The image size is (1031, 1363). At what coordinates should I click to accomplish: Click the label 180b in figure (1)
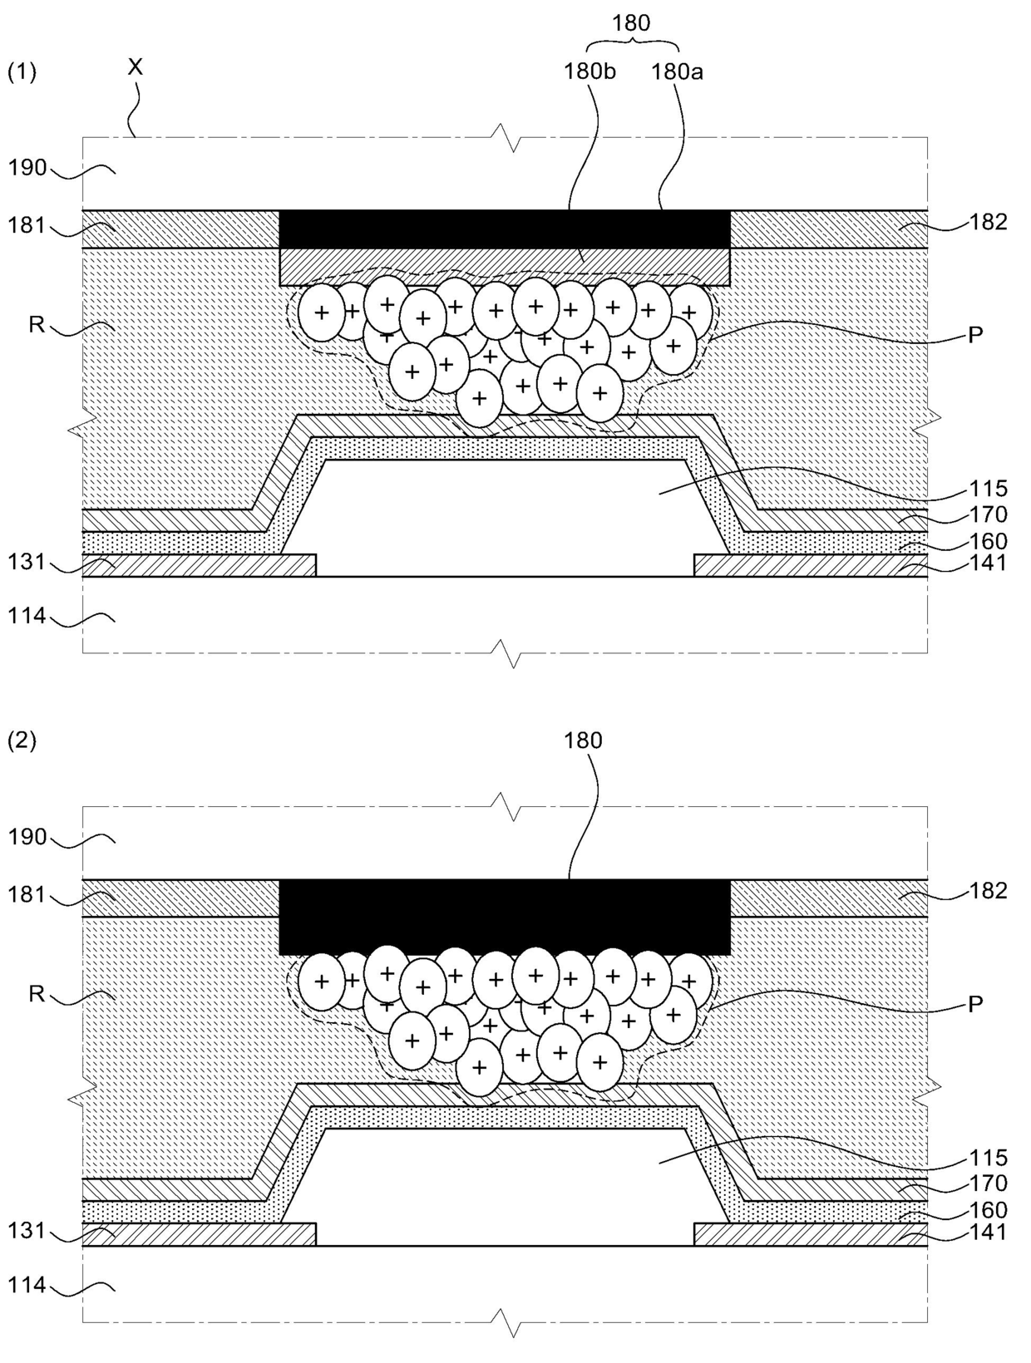589,71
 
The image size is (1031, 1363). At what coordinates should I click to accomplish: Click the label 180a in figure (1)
677,71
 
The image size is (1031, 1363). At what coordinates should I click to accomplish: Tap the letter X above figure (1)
135,66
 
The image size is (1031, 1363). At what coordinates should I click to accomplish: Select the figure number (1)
22,72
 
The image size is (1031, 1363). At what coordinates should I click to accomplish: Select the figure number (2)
22,741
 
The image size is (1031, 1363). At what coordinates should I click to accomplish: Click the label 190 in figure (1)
27,168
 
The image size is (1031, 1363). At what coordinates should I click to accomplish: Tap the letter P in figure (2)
976,1004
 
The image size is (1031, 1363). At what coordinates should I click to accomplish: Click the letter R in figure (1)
37,324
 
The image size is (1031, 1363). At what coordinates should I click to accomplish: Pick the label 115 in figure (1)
987,489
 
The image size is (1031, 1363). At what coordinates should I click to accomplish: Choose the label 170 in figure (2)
987,1183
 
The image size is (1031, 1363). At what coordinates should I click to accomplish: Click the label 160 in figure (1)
987,541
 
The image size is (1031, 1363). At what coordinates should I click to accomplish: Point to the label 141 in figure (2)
987,1232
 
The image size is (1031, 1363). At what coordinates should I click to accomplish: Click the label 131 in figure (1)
27,563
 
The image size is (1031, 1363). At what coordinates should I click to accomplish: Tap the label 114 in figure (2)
27,1286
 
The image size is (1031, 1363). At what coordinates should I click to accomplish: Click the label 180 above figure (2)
583,741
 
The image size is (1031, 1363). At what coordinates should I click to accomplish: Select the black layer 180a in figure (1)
505,229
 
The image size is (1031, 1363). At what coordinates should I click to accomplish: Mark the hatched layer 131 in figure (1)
200,565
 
